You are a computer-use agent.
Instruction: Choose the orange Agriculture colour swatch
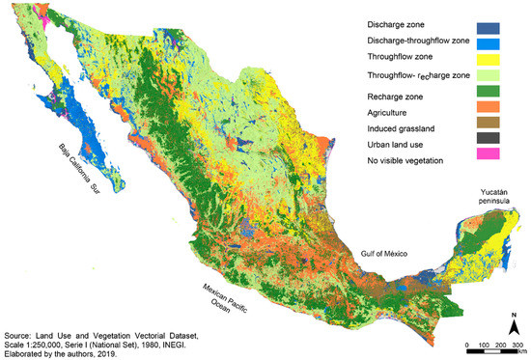tap(509, 113)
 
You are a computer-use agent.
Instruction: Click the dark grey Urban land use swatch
tap(509, 144)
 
